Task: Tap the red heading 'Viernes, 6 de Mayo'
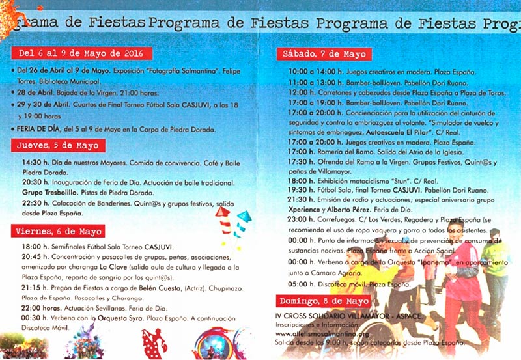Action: click(59, 230)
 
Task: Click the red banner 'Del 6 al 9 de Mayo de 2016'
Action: click(80, 53)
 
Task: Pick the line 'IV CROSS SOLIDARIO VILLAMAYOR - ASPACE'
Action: click(348, 316)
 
